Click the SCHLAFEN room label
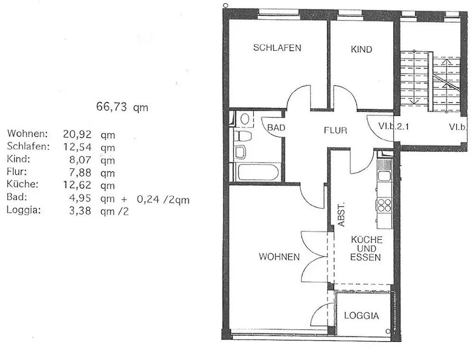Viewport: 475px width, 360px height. coord(277,47)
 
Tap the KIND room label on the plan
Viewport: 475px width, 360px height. coord(361,49)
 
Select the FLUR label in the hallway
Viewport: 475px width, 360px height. coord(336,130)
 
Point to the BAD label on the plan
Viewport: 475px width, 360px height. coord(276,127)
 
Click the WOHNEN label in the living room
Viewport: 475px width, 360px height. coord(279,257)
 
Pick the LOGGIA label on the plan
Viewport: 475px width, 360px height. coord(361,315)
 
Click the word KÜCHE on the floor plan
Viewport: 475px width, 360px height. coord(366,240)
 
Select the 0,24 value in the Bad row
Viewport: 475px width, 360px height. coord(147,200)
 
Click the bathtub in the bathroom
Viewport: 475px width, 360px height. coord(257,171)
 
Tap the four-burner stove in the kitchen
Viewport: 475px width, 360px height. coord(384,205)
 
